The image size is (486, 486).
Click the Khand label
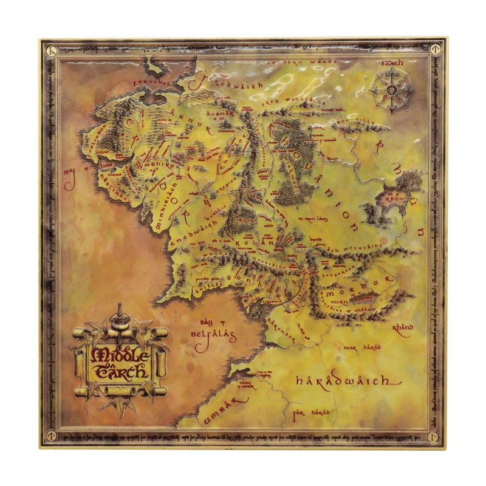[x=402, y=328]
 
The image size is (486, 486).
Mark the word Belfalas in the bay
[x=213, y=335]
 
